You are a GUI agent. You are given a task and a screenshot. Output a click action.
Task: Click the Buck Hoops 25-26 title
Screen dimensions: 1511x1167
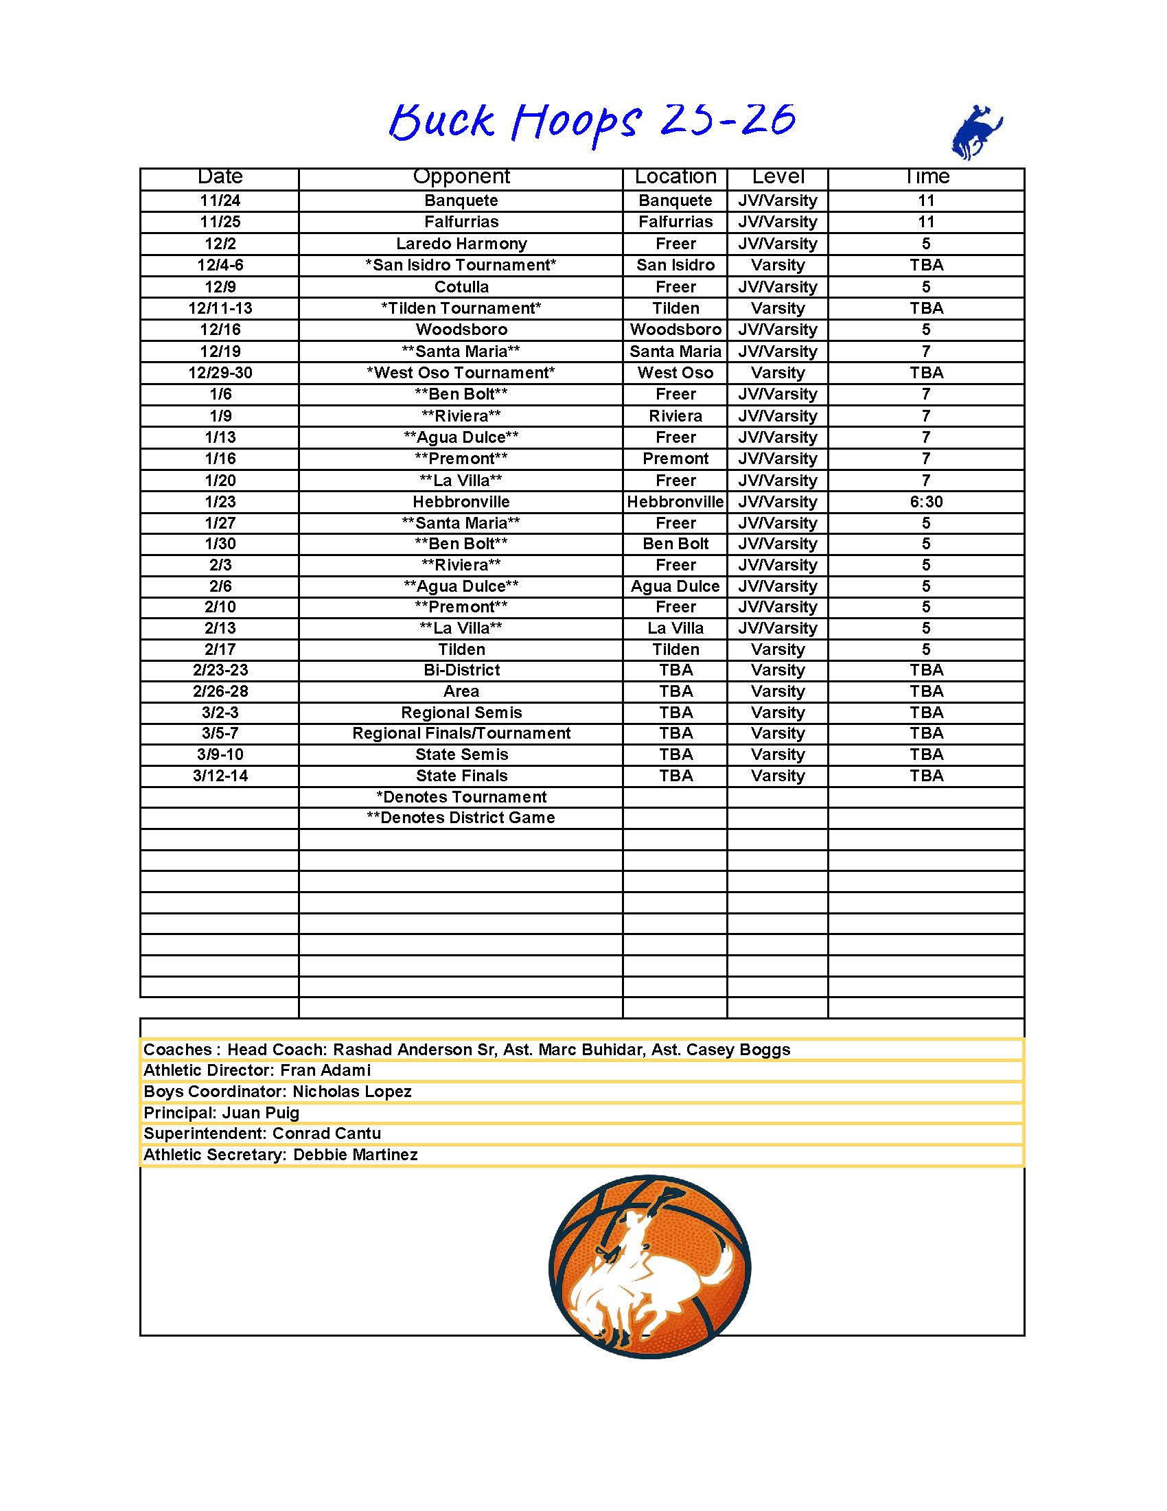pyautogui.click(x=592, y=122)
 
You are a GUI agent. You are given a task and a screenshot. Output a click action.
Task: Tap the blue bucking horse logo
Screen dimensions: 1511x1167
pyautogui.click(x=976, y=132)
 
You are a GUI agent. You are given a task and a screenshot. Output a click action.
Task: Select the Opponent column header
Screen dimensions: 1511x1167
pyautogui.click(x=461, y=177)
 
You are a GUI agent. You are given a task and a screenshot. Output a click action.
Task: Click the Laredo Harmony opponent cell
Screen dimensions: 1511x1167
pyautogui.click(x=461, y=244)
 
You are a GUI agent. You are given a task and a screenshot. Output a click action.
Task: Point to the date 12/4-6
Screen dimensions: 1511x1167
pyautogui.click(x=220, y=265)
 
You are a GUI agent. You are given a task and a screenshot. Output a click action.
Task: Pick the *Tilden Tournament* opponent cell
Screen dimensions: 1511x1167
pyautogui.click(x=461, y=308)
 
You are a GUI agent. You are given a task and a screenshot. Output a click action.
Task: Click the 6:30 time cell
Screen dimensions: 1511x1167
pyautogui.click(x=925, y=502)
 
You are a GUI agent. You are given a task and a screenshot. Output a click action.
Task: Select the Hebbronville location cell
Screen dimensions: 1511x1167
pyautogui.click(x=675, y=502)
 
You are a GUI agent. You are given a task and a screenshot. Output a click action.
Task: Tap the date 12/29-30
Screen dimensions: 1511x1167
pyautogui.click(x=220, y=373)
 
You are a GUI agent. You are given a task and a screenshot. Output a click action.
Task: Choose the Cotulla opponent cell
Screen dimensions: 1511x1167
pyautogui.click(x=461, y=286)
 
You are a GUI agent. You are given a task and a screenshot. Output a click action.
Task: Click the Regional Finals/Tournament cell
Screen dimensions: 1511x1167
pyautogui.click(x=461, y=733)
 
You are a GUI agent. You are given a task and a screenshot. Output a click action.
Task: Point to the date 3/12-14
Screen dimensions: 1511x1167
pyautogui.click(x=220, y=776)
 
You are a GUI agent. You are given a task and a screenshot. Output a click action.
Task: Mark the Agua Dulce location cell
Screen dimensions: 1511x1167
pyautogui.click(x=675, y=586)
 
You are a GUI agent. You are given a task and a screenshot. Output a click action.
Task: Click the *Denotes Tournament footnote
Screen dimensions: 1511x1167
pyautogui.click(x=461, y=797)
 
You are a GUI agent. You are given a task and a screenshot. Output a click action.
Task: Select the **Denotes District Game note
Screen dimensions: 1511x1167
pyautogui.click(x=461, y=818)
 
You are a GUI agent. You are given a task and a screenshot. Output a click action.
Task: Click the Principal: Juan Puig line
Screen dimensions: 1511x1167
pyautogui.click(x=221, y=1113)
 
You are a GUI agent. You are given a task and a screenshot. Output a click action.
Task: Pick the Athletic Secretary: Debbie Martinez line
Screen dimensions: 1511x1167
pyautogui.click(x=280, y=1155)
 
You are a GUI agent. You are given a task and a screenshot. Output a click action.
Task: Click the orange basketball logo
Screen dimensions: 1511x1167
pyautogui.click(x=649, y=1265)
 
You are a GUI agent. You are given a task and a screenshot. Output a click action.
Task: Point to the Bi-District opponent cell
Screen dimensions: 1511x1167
pyautogui.click(x=461, y=670)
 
